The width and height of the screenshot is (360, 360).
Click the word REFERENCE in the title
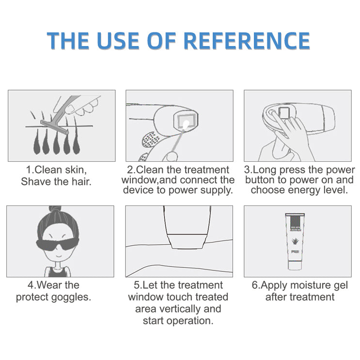click(247, 41)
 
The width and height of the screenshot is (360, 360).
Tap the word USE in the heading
click(118, 41)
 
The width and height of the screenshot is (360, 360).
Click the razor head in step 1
click(55, 127)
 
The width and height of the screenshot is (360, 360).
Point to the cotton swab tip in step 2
click(186, 125)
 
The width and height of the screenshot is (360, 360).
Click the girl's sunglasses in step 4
click(58, 244)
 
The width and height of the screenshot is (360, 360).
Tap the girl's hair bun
click(55, 209)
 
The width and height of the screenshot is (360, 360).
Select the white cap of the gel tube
click(295, 266)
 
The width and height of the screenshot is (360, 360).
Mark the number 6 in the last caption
click(255, 285)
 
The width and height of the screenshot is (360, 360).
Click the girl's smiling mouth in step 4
click(59, 256)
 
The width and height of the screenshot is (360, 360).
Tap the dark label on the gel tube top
click(295, 223)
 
